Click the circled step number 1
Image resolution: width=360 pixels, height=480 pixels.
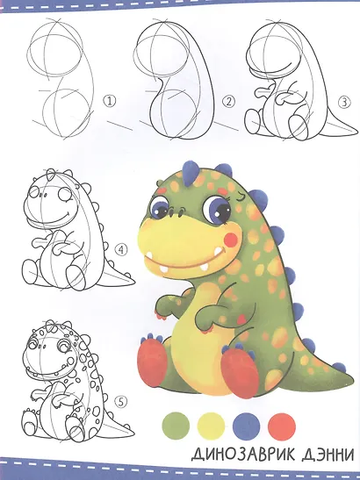tap(110, 101)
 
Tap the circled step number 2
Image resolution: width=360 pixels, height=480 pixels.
tap(228, 101)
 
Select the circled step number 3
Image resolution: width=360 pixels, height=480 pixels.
tap(344, 103)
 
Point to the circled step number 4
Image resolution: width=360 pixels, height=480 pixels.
tap(121, 250)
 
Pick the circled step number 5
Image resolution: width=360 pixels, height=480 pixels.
tap(120, 402)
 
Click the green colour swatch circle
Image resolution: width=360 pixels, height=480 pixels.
tap(176, 426)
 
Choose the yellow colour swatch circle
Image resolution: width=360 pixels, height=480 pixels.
tap(211, 426)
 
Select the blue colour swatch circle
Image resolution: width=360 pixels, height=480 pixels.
tap(247, 426)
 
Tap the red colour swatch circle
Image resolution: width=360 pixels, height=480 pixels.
tap(282, 426)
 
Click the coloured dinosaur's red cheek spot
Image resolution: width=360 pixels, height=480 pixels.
tap(231, 238)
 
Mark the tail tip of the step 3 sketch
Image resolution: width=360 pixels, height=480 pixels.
tap(356, 132)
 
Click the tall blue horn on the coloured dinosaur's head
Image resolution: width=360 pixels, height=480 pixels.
tap(190, 172)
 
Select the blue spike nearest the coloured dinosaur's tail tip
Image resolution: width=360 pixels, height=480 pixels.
tap(339, 368)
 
